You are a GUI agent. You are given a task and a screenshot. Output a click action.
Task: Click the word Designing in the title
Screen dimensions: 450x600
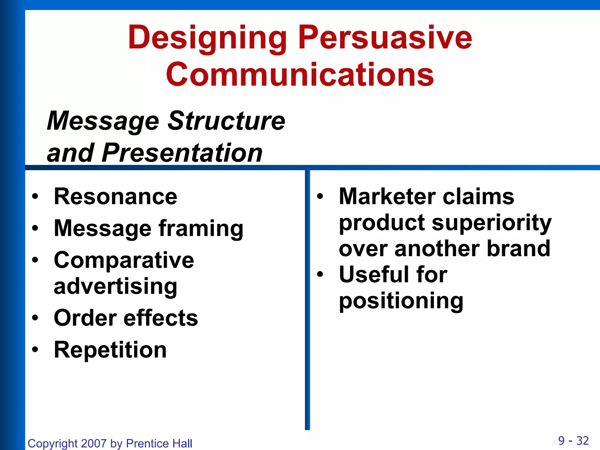pyautogui.click(x=207, y=38)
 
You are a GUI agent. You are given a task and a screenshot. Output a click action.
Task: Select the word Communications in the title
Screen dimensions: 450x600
pyautogui.click(x=299, y=75)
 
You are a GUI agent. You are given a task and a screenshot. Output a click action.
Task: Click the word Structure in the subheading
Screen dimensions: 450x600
pyautogui.click(x=226, y=121)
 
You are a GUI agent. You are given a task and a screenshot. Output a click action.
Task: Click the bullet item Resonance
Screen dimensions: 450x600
pyautogui.click(x=115, y=196)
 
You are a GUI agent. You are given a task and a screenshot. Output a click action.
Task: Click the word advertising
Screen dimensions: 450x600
pyautogui.click(x=115, y=286)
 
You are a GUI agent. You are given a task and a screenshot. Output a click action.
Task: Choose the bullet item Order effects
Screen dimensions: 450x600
pyautogui.click(x=126, y=318)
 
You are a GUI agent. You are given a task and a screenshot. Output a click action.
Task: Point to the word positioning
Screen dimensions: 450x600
pyautogui.click(x=401, y=301)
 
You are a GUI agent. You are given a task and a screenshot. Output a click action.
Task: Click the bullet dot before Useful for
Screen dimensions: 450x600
pyautogui.click(x=320, y=275)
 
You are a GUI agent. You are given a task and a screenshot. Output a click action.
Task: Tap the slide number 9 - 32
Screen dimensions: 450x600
pyautogui.click(x=573, y=441)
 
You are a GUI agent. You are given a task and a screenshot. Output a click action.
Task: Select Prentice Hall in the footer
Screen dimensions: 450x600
pyautogui.click(x=159, y=443)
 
